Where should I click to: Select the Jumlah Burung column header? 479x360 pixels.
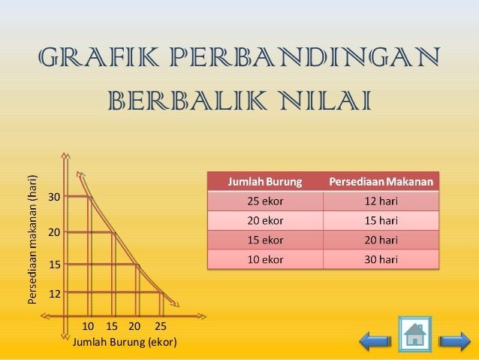(x=266, y=181)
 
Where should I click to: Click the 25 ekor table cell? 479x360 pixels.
(x=266, y=201)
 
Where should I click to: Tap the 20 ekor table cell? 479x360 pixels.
(x=266, y=220)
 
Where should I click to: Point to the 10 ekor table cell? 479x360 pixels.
(x=266, y=259)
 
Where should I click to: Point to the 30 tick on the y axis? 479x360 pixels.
(x=54, y=198)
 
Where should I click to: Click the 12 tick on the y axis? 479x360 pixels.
(x=54, y=294)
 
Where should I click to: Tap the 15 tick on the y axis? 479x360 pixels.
(x=54, y=265)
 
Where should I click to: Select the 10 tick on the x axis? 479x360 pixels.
(x=88, y=327)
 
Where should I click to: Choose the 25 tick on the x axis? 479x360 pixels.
(x=160, y=327)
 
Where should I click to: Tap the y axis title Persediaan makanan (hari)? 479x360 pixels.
(x=32, y=240)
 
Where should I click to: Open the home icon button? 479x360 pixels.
(x=414, y=334)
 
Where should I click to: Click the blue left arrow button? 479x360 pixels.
(x=375, y=342)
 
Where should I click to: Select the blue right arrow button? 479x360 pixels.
(x=453, y=342)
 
